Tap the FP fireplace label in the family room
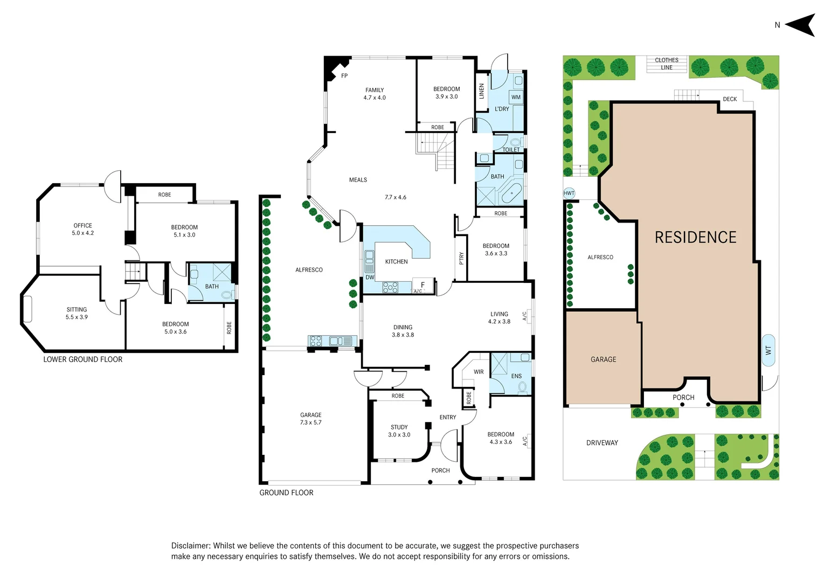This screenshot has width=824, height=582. [344, 76]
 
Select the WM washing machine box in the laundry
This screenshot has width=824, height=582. [516, 98]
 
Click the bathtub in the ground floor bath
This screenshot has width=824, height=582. [511, 193]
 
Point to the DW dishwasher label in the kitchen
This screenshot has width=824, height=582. [370, 278]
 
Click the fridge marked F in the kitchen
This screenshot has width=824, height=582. [423, 285]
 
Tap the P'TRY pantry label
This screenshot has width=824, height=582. [461, 259]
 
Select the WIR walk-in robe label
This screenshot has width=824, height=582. [479, 372]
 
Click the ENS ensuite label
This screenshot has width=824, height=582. [516, 376]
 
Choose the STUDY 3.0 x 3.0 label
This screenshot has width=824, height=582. [399, 431]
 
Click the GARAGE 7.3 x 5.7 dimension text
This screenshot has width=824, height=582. [310, 422]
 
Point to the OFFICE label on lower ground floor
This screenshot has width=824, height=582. [83, 226]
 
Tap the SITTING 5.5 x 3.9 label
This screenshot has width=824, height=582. [77, 313]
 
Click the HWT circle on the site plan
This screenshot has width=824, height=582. [569, 193]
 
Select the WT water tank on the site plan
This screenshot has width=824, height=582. [768, 350]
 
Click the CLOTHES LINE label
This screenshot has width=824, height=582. [667, 64]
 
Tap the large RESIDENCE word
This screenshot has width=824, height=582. [695, 238]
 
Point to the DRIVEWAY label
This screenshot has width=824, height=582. [602, 443]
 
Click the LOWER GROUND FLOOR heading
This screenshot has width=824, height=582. [83, 359]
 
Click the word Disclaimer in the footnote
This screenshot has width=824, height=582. [191, 546]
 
